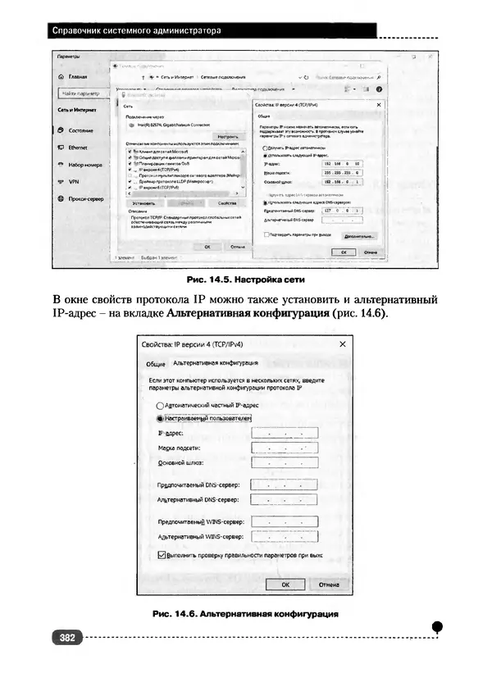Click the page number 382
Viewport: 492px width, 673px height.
pyautogui.click(x=65, y=637)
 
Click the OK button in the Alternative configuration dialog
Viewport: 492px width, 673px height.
pyautogui.click(x=285, y=584)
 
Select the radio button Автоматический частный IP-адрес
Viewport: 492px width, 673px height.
pyautogui.click(x=160, y=406)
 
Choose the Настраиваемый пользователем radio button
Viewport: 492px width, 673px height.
pyautogui.click(x=160, y=418)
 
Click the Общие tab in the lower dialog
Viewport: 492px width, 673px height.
pyautogui.click(x=156, y=364)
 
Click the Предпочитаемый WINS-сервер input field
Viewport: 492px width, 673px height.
pyautogui.click(x=285, y=521)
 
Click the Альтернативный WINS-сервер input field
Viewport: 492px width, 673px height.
pyautogui.click(x=285, y=538)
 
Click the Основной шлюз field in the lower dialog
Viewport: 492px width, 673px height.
pyautogui.click(x=285, y=463)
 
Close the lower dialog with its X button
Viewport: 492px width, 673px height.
pyautogui.click(x=342, y=344)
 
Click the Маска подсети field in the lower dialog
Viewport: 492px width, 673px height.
pyautogui.click(x=285, y=448)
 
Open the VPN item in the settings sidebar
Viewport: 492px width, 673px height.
pyautogui.click(x=73, y=181)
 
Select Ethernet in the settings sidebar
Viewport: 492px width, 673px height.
pyautogui.click(x=78, y=148)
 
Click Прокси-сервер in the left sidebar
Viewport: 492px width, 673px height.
pyautogui.click(x=84, y=198)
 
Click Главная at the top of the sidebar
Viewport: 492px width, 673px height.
pyautogui.click(x=78, y=75)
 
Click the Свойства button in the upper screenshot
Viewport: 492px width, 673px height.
pyautogui.click(x=222, y=202)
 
